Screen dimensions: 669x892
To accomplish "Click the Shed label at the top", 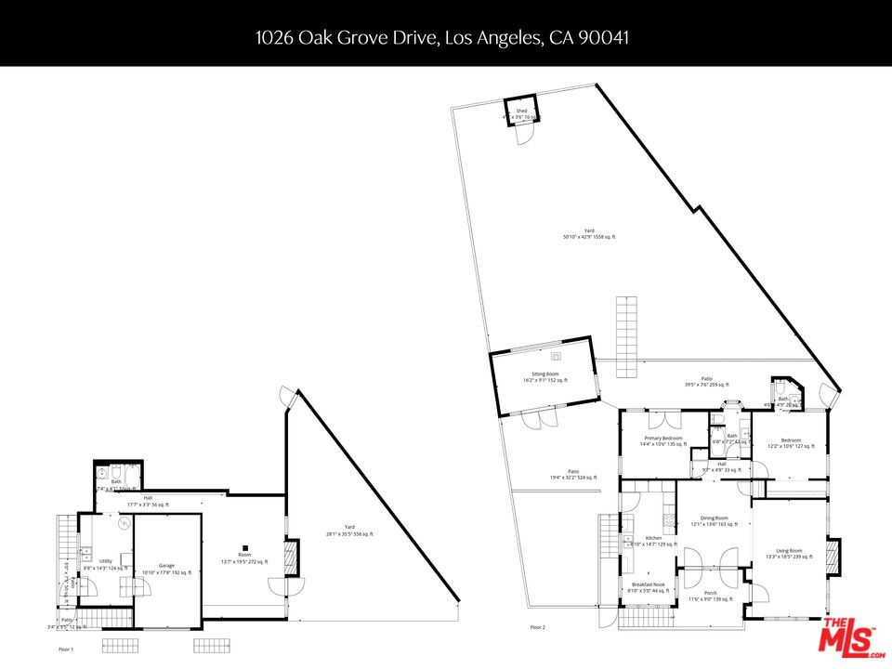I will [521, 111].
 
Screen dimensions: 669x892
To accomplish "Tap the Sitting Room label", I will [544, 374].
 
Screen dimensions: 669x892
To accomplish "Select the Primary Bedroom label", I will [662, 438].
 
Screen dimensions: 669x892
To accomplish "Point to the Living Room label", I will [788, 551].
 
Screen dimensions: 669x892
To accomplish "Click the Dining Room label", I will [714, 518].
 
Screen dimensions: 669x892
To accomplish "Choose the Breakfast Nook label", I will [647, 584].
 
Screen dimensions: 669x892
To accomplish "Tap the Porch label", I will [710, 593].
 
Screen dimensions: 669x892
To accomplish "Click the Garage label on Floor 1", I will [166, 566].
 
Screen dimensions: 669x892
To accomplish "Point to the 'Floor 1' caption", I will [66, 649].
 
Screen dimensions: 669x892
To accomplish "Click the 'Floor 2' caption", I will [537, 627].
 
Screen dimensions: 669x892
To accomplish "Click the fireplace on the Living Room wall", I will [833, 555].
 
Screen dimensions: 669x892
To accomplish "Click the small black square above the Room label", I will [244, 548].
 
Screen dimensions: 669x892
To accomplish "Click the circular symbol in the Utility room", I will [123, 524].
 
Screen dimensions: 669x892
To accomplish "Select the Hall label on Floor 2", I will [721, 464].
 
